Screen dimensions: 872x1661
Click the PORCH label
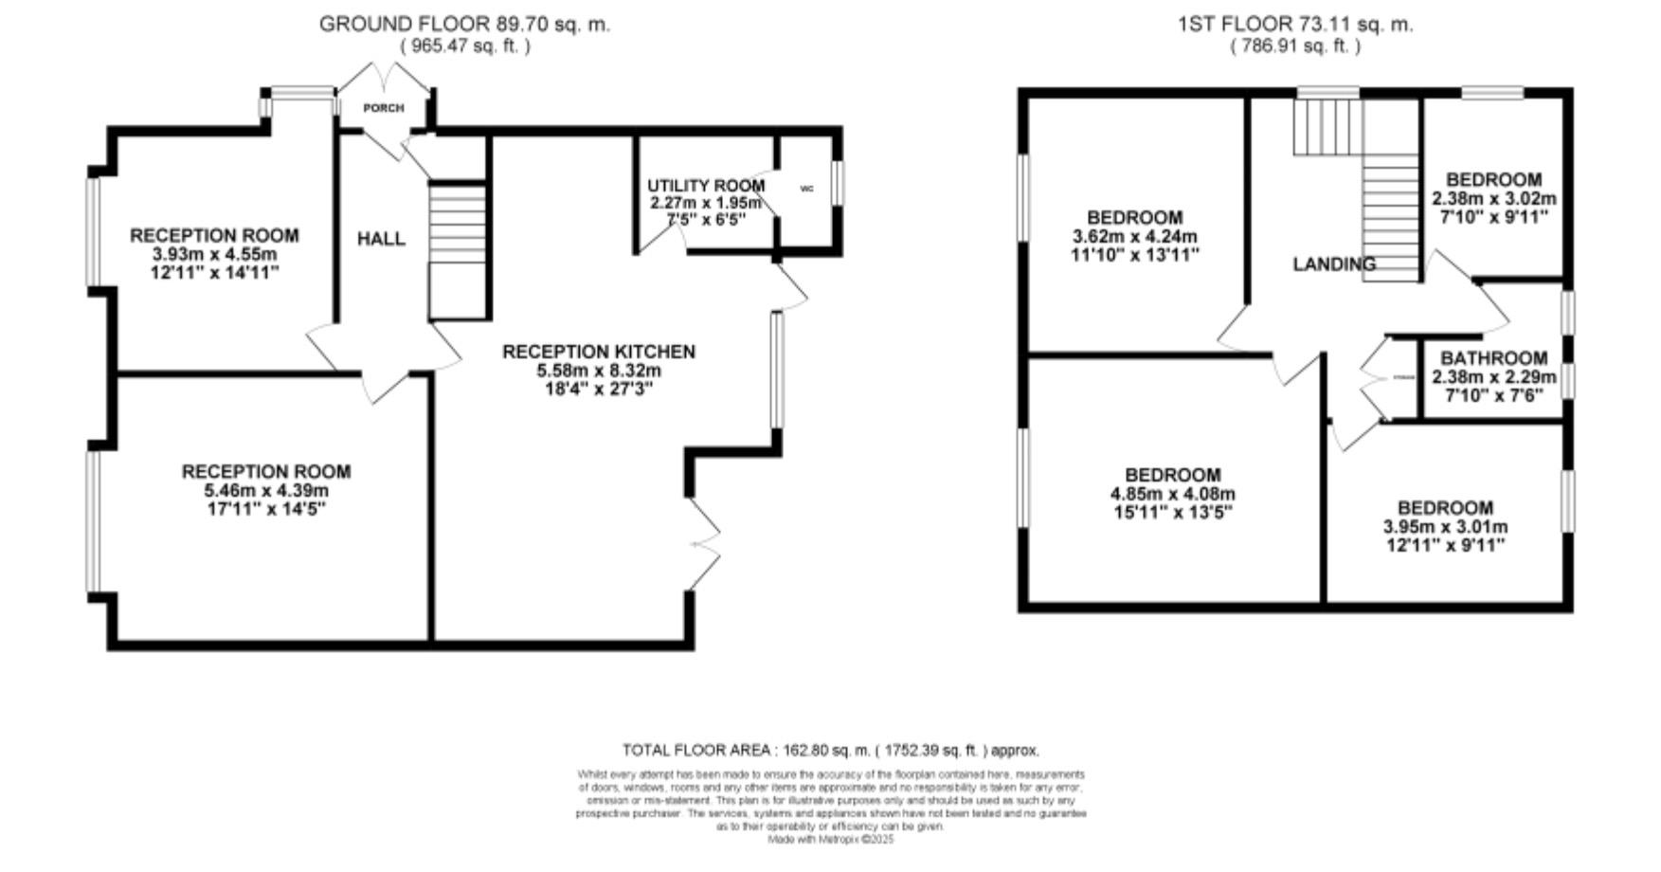tap(383, 108)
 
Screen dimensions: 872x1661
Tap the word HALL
tap(381, 239)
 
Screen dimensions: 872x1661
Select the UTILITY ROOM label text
tap(706, 186)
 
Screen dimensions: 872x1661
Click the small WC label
tap(807, 189)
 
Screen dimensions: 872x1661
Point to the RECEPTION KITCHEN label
tap(598, 352)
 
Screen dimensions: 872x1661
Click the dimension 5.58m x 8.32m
tap(598, 371)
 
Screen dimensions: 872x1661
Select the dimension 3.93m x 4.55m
tap(214, 255)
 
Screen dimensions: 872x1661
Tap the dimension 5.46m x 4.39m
tap(266, 491)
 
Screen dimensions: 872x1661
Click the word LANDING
tap(1334, 264)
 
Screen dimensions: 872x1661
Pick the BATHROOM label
tap(1494, 358)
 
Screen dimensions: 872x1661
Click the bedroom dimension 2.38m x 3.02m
tap(1494, 199)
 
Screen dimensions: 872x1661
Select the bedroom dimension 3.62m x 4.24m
tap(1135, 237)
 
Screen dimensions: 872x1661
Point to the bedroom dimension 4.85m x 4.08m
tap(1173, 495)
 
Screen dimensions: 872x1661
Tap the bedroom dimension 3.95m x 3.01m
tap(1445, 527)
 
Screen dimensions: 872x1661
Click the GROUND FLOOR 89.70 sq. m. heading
tap(464, 25)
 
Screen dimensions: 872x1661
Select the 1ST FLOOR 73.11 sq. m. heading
tap(1294, 25)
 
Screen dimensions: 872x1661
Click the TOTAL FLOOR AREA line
tap(831, 751)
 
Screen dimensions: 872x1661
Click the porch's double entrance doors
tap(384, 78)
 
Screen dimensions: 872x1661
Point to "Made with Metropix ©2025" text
tap(831, 840)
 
